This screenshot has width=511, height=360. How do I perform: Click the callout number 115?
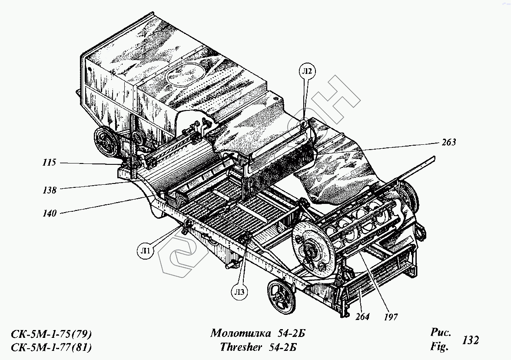coord(50,163)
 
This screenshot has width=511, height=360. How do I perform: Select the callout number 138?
coord(50,190)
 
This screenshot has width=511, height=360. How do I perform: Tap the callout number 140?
coord(50,213)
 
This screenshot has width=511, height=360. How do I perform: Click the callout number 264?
coord(362,317)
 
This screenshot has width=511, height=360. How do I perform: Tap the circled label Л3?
coord(240,291)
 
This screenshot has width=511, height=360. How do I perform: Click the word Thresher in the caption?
coord(241,347)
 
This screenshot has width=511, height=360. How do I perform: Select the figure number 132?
coord(471,340)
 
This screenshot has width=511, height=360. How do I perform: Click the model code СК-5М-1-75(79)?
coord(50,334)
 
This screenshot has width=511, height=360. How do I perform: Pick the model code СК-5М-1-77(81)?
coord(50,347)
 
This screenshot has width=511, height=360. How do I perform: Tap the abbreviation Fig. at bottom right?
coord(439,347)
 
